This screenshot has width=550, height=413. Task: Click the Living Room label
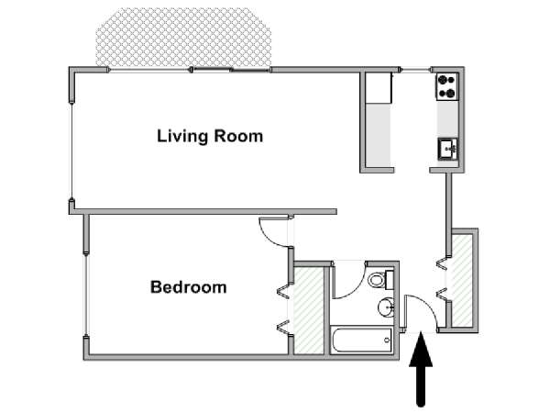210,136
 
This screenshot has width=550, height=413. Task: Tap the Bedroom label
188,287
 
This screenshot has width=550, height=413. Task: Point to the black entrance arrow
421,369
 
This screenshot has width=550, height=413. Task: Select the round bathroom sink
386,307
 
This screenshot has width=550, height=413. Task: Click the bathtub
362,340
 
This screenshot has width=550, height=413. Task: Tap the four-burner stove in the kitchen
447,87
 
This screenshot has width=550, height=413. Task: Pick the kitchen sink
448,150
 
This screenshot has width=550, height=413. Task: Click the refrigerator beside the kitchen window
379,88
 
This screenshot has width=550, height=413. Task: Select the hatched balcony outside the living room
183,37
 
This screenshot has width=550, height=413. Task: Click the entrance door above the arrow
420,313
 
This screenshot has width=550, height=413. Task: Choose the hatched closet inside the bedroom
308,310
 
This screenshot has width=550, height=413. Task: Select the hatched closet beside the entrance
462,281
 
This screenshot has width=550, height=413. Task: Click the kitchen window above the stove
415,70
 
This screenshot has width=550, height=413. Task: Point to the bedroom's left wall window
85,294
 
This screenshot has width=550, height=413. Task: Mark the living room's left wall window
71,151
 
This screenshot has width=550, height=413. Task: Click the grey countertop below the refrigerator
379,136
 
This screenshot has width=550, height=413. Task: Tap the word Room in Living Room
238,136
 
